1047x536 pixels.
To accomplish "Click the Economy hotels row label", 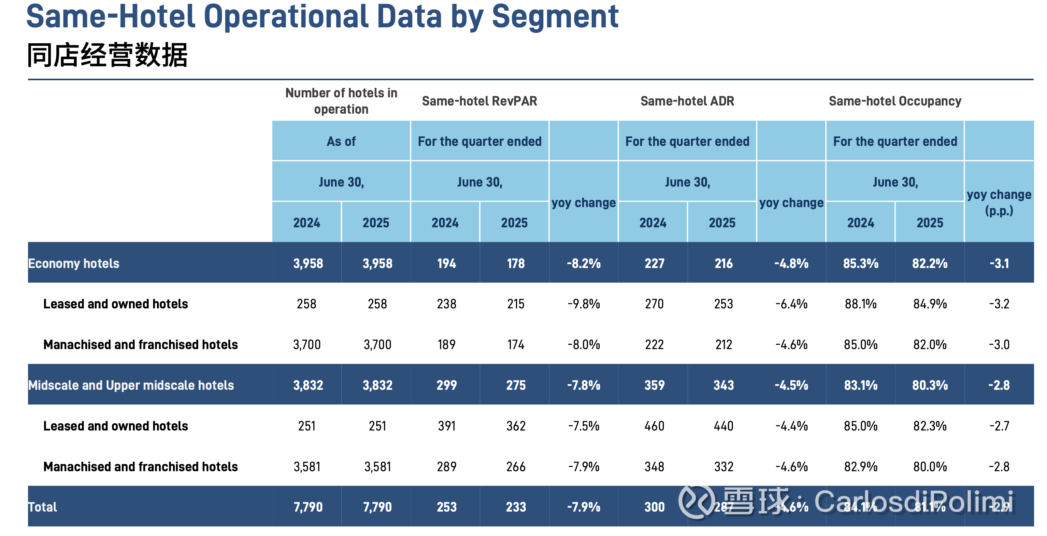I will click(x=74, y=263).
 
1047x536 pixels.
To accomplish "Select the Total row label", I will click(x=42, y=507).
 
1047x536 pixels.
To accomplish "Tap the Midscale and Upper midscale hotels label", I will click(x=131, y=385).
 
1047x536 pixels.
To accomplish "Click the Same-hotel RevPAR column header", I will click(x=479, y=101).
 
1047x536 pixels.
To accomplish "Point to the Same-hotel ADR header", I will click(x=687, y=101).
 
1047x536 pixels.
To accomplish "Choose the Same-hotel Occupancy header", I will click(x=895, y=101).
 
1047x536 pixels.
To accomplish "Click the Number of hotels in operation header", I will click(x=341, y=101).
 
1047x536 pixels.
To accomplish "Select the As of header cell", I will click(x=341, y=141).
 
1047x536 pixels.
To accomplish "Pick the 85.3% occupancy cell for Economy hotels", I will click(x=860, y=263).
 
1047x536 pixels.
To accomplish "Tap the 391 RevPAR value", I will click(x=446, y=426).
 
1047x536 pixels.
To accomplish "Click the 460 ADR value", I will click(x=654, y=426).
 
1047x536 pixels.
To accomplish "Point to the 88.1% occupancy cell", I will click(x=860, y=304).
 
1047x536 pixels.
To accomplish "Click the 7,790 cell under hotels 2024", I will click(x=308, y=507).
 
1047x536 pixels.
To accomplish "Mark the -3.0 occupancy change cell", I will click(x=999, y=345).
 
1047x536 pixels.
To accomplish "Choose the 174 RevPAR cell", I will click(x=515, y=345).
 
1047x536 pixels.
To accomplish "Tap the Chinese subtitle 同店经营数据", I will click(x=107, y=55).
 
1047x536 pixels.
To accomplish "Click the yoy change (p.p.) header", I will click(x=999, y=202).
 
